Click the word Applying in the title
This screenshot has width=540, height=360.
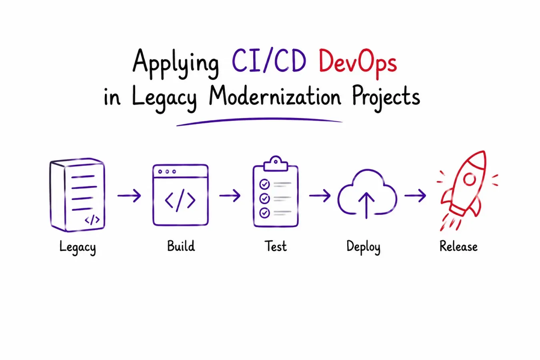point(176,64)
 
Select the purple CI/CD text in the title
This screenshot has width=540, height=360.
point(269,60)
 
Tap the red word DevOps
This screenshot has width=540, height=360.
point(358,63)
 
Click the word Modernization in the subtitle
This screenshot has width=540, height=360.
point(275,96)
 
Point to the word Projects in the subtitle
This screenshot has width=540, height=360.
point(386,98)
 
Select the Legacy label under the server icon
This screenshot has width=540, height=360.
point(78,247)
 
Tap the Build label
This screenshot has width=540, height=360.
point(181,246)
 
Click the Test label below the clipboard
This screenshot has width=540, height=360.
point(276,246)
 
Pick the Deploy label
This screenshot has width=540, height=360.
point(364,247)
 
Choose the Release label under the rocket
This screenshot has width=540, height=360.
point(458,246)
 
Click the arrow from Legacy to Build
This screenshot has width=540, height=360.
point(129,196)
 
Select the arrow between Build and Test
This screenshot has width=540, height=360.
point(230,195)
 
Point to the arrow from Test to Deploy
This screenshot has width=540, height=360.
point(320,195)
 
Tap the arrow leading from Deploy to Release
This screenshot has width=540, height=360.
point(415,195)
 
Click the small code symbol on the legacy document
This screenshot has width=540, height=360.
point(92,220)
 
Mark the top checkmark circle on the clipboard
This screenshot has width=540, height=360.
point(264,184)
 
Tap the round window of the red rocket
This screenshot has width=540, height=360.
point(469,179)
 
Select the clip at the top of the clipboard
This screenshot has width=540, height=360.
point(276,164)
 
